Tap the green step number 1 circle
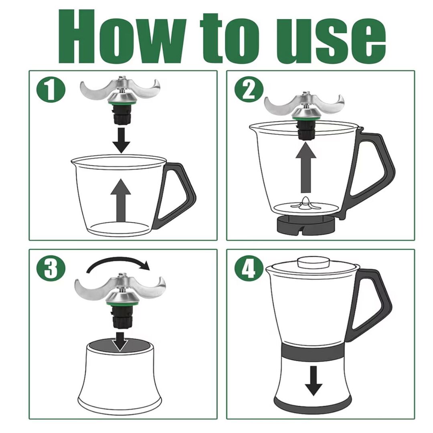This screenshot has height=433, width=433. click(x=51, y=89)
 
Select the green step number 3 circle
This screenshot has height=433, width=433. click(x=51, y=268)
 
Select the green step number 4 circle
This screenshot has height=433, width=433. click(x=249, y=268)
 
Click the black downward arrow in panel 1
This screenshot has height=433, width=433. click(x=121, y=140)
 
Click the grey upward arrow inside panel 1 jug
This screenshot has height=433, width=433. click(x=120, y=200)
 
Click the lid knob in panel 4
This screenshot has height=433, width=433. click(x=314, y=262)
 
